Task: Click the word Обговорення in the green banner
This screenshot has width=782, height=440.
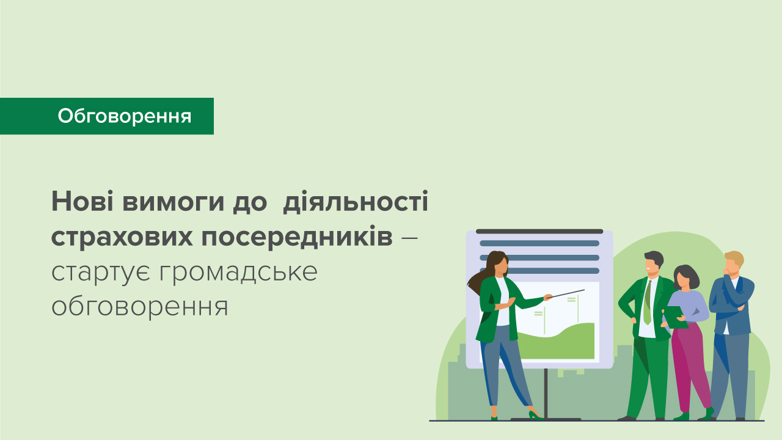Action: (x=125, y=116)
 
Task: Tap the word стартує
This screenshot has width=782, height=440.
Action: (x=101, y=272)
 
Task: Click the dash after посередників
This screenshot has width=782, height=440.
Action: (x=410, y=237)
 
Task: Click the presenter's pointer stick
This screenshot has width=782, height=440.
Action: (x=565, y=294)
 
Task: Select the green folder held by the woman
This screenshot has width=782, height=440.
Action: (x=675, y=317)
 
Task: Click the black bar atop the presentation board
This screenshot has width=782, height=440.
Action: (x=539, y=232)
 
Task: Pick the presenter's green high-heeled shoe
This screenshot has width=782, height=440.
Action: (x=536, y=416)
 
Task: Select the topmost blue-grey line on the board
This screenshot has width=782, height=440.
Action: (x=539, y=243)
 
